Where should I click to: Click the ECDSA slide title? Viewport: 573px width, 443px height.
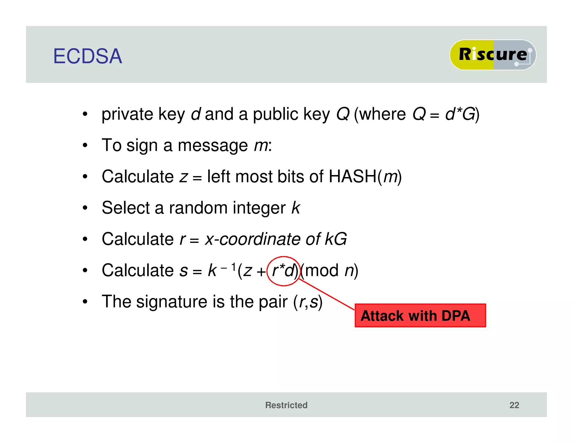[88, 56]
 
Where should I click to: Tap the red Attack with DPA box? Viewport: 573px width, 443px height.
[420, 316]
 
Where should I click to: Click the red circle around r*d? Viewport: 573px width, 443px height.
[283, 271]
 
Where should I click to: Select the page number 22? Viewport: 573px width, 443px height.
[514, 405]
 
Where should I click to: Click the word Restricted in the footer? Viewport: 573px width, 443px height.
[286, 405]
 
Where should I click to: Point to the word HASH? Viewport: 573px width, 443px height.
[352, 176]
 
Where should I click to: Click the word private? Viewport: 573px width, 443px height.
[127, 115]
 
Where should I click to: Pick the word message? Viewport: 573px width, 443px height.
[213, 146]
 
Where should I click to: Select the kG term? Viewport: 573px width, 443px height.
[336, 239]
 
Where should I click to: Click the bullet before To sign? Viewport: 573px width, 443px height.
[85, 145]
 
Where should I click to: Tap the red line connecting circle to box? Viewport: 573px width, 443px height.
[326, 294]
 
